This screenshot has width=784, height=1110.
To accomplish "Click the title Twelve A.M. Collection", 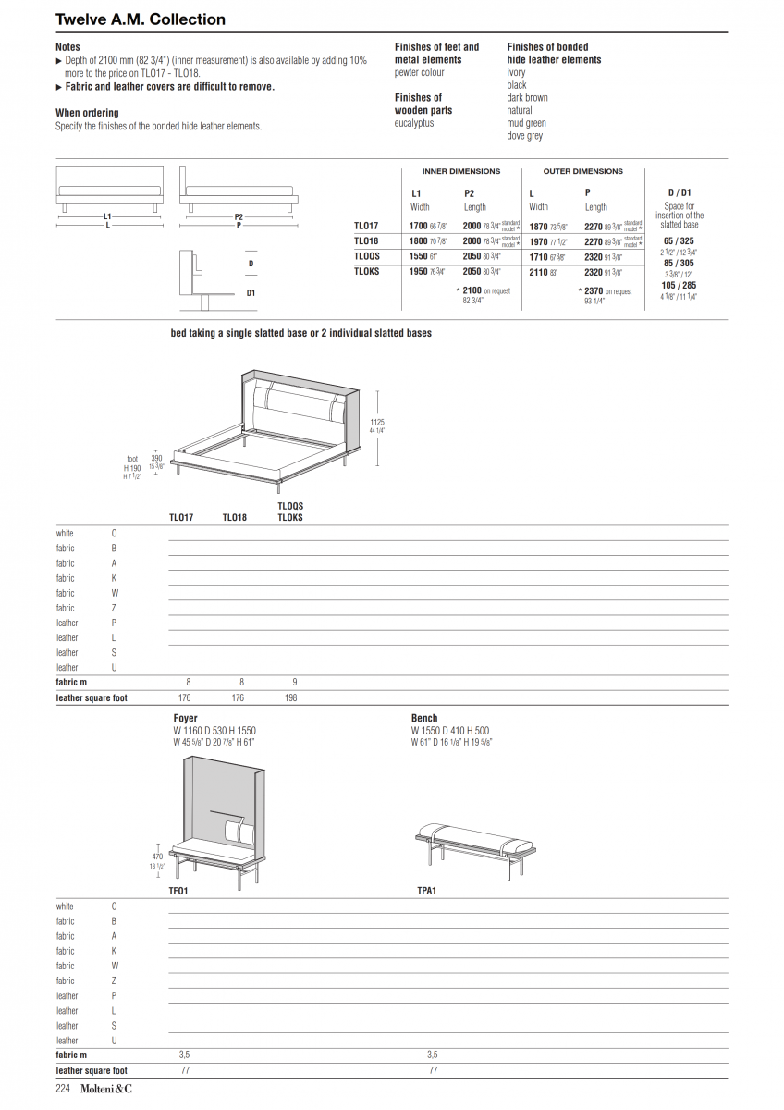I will pyautogui.click(x=140, y=19).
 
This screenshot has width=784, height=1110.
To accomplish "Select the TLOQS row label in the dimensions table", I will pyautogui.click(x=367, y=256).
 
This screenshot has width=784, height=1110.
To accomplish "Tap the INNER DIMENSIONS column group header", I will pyautogui.click(x=460, y=171).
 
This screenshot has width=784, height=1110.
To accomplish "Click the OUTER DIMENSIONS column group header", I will pyautogui.click(x=582, y=171).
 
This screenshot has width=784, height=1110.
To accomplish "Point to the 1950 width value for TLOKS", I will pyautogui.click(x=418, y=272).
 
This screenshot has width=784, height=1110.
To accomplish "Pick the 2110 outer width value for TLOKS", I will pyautogui.click(x=538, y=273).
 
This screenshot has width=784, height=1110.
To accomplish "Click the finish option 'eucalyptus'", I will pyautogui.click(x=413, y=123).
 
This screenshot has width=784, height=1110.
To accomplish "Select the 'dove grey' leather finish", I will pyautogui.click(x=524, y=136).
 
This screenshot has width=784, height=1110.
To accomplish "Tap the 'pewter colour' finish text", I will pyautogui.click(x=419, y=72).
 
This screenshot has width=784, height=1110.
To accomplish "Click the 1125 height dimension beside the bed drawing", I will pyautogui.click(x=376, y=422).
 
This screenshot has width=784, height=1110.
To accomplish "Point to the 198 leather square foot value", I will pyautogui.click(x=291, y=697).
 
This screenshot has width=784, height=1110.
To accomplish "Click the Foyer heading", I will pyautogui.click(x=185, y=718).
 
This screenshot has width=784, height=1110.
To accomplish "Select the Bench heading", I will pyautogui.click(x=424, y=718).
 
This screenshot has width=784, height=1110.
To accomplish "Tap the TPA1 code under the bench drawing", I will pyautogui.click(x=426, y=892).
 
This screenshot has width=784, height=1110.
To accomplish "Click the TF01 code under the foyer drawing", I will pyautogui.click(x=178, y=892).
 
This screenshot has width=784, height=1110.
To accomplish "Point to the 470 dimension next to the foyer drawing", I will pyautogui.click(x=157, y=857).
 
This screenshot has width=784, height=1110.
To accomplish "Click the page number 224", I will pyautogui.click(x=64, y=1089).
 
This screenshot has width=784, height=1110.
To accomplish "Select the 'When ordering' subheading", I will pyautogui.click(x=87, y=113).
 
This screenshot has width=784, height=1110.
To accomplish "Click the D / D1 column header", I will pyautogui.click(x=679, y=192).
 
